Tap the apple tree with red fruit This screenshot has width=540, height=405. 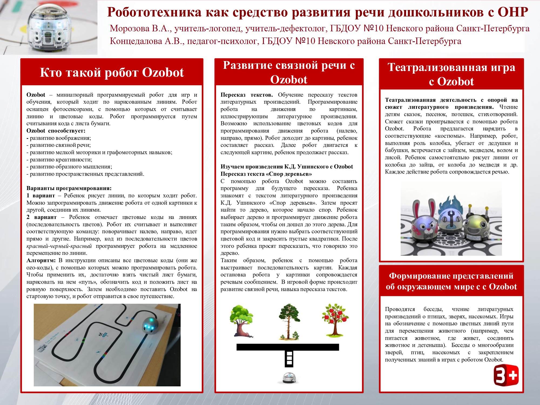[335, 320]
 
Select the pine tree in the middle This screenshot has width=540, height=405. [289, 321]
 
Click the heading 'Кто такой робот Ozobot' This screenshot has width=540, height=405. [112, 72]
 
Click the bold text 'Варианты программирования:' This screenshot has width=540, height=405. [69, 188]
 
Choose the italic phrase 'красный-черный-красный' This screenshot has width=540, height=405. [59, 246]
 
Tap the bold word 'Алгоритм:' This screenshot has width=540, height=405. [41, 260]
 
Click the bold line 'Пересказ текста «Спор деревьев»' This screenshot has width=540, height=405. [266, 174]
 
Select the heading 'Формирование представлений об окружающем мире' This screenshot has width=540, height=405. [451, 281]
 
